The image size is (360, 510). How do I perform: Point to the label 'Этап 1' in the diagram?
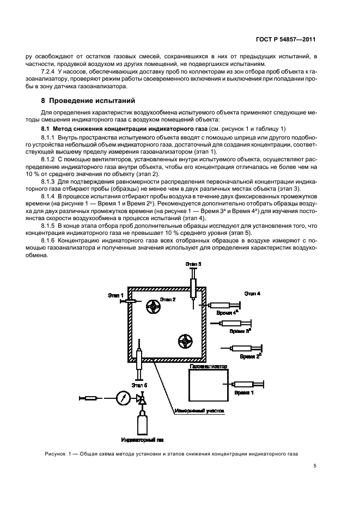(115, 295)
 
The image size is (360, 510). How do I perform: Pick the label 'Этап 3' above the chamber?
(193, 264)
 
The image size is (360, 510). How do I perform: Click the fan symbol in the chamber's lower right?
(186, 341)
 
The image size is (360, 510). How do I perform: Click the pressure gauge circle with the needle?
(123, 398)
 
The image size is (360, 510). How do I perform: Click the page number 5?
(315, 466)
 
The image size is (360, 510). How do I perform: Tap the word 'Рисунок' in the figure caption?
(53, 453)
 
